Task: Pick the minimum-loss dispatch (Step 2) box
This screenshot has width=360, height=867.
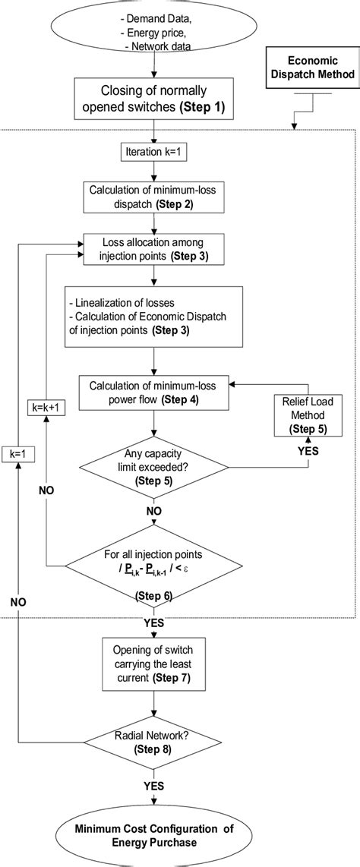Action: pyautogui.click(x=154, y=199)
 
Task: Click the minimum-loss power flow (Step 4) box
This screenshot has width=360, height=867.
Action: pyautogui.click(x=154, y=393)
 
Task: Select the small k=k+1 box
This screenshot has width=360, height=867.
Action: pyautogui.click(x=46, y=407)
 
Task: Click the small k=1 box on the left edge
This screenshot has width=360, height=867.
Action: pyautogui.click(x=16, y=454)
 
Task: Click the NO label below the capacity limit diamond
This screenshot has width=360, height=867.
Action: pyautogui.click(x=154, y=511)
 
